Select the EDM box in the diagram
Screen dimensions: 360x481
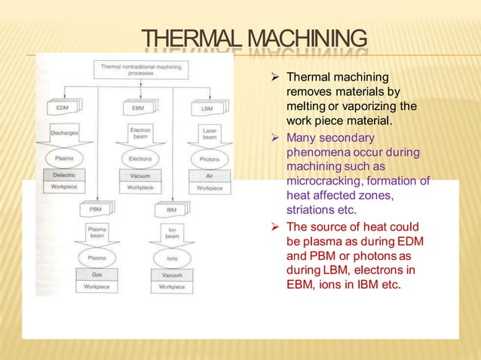tap(63, 108)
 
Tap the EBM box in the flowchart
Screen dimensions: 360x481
tap(137, 108)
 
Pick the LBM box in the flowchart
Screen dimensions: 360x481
tap(206, 108)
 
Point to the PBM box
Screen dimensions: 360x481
tap(96, 209)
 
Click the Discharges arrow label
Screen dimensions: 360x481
tap(64, 133)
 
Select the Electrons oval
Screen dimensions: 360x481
tap(139, 159)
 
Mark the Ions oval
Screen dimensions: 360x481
tap(171, 258)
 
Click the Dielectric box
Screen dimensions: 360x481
tap(64, 175)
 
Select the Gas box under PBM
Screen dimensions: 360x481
tap(97, 275)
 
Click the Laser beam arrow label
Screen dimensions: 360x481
tap(209, 134)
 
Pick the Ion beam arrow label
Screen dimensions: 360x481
tap(171, 232)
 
